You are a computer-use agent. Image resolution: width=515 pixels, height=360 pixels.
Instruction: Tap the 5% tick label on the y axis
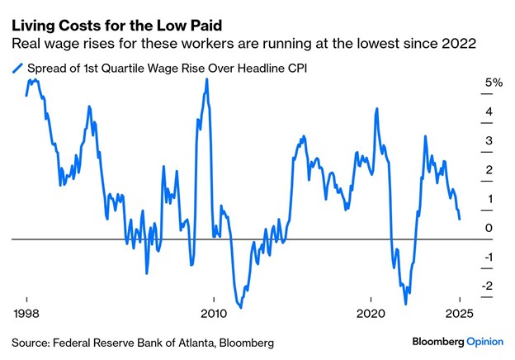(x=494, y=83)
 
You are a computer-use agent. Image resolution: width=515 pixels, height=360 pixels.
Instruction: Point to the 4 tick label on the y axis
(x=489, y=111)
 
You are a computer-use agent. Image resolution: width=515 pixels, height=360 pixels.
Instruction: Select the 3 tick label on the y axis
(x=489, y=140)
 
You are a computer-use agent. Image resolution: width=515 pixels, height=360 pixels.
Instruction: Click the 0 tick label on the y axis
(x=489, y=228)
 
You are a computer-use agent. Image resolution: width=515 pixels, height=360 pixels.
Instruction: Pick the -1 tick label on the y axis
(x=488, y=257)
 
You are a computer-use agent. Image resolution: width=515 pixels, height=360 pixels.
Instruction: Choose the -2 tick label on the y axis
(x=488, y=286)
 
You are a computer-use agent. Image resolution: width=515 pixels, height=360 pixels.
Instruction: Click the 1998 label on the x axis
(x=26, y=315)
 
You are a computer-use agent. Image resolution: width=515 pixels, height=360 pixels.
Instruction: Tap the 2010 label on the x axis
(x=213, y=315)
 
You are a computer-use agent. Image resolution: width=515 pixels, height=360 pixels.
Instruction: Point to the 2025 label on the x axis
(x=458, y=315)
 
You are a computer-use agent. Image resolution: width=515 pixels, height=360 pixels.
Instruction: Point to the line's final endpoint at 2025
(x=460, y=219)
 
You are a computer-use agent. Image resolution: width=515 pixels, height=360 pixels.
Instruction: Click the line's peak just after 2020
(x=376, y=108)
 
